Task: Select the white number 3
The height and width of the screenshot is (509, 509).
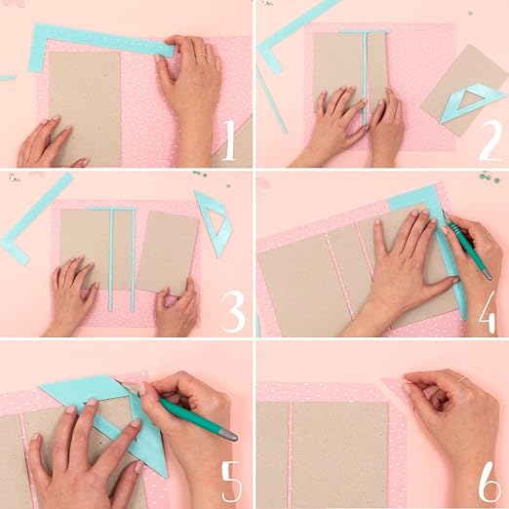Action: click(x=232, y=312)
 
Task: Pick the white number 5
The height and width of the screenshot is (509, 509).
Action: click(x=230, y=482)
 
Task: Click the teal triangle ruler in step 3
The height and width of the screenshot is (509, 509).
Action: click(x=213, y=221)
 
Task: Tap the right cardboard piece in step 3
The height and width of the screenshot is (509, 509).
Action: click(x=167, y=251)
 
